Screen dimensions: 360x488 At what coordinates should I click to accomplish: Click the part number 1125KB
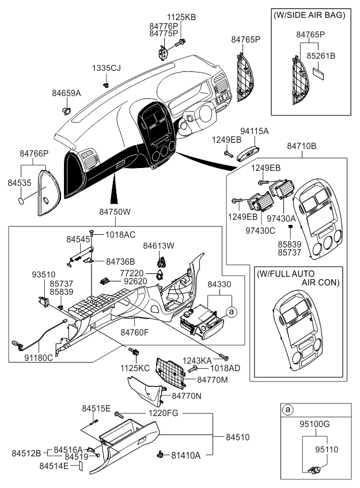click(181, 17)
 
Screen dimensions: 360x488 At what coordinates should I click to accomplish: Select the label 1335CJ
click(106, 68)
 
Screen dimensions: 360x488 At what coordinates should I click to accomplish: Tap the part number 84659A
click(66, 93)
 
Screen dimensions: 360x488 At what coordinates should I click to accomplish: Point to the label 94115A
click(254, 131)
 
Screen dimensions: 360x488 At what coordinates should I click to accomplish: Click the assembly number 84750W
click(115, 212)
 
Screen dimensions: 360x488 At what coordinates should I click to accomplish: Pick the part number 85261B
click(321, 56)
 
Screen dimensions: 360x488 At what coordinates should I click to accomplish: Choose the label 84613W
click(158, 246)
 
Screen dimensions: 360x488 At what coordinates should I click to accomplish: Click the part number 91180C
click(39, 358)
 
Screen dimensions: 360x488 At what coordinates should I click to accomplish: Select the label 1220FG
click(163, 413)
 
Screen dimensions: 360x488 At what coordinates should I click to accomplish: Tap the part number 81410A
click(185, 455)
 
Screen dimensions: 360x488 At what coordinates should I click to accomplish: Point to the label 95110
click(327, 449)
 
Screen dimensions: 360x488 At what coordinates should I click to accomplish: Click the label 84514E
click(54, 466)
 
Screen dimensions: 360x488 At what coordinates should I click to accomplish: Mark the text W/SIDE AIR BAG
click(309, 15)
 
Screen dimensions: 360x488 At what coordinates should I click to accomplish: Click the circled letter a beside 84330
click(231, 311)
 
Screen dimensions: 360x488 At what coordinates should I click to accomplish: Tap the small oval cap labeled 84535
click(21, 200)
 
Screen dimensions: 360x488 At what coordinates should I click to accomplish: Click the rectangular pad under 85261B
click(319, 74)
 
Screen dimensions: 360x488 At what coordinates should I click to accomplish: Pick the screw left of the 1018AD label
click(192, 369)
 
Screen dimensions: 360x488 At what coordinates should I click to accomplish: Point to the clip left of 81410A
click(161, 455)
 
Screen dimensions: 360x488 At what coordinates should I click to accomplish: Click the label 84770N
click(187, 396)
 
